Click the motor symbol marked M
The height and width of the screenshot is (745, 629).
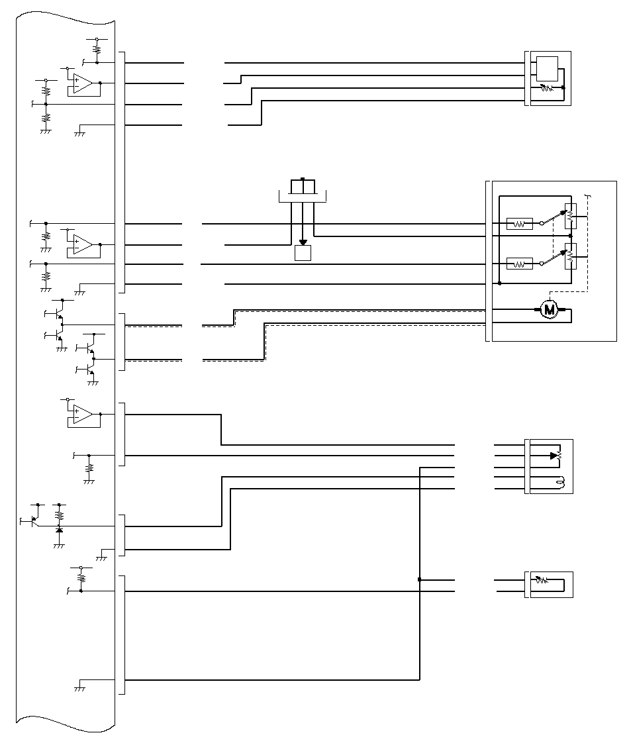pos(549,310)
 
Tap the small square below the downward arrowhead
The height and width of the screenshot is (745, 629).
pos(303,253)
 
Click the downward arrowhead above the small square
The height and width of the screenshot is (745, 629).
pos(303,242)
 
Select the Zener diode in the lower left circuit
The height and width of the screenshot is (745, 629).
pos(59,529)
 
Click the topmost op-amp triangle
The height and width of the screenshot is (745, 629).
pos(83,83)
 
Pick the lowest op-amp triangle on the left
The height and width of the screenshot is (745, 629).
pos(83,415)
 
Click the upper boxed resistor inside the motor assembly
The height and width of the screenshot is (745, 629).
pos(520,223)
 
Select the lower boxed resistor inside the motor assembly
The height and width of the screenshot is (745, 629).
pos(520,263)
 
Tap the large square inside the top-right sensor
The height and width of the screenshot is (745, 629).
pos(547,69)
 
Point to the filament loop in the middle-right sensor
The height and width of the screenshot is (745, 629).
pos(561,483)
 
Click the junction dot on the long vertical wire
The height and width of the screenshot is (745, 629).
pos(420,579)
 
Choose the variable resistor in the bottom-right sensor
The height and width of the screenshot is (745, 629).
pos(542,580)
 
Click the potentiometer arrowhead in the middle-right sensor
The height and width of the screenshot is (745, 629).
pos(554,456)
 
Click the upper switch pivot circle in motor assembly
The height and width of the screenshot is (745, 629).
pos(542,223)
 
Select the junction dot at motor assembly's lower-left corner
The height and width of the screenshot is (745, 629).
pos(500,283)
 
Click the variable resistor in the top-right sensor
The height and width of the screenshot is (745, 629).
pos(547,88)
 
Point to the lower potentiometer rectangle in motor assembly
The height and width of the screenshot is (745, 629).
pos(571,256)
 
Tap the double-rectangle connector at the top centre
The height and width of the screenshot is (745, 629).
pos(303,187)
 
